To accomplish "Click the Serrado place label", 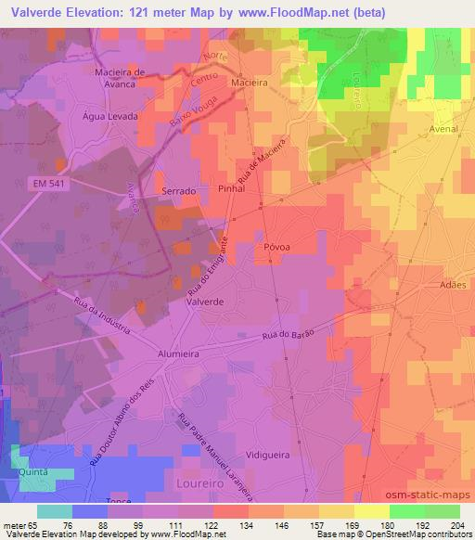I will [179, 190].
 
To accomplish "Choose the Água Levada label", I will [110, 117].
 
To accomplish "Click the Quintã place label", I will [33, 471].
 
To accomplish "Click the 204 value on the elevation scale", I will [454, 523].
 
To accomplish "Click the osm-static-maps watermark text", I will [433, 498].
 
